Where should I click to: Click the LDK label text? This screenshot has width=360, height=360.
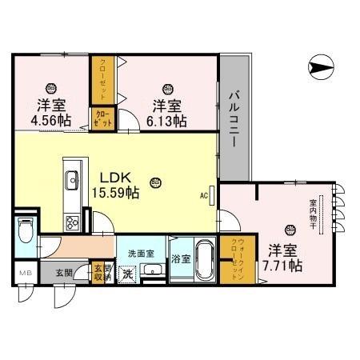(111, 178)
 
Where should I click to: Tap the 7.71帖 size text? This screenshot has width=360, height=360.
(285, 264)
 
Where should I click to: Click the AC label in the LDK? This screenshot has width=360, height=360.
(204, 194)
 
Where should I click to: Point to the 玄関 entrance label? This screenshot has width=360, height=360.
(65, 273)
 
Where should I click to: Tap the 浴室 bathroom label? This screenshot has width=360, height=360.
(181, 259)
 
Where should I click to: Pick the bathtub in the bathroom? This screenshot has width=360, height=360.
(203, 260)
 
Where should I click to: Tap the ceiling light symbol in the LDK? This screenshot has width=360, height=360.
(154, 183)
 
